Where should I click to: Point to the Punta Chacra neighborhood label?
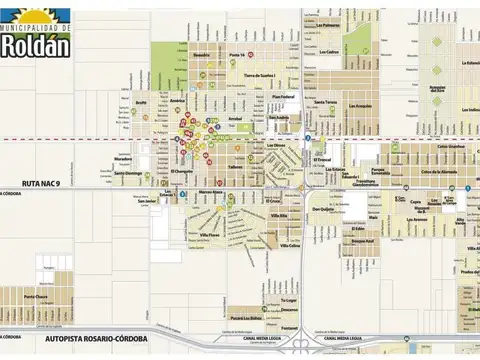[x=36, y=296]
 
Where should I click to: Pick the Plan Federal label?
[x=285, y=96]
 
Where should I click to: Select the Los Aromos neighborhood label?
[x=360, y=106]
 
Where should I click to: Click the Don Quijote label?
[x=322, y=209]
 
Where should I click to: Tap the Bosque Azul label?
[x=362, y=241]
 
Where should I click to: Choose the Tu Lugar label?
[x=288, y=298]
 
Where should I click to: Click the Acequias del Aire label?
[x=438, y=88]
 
